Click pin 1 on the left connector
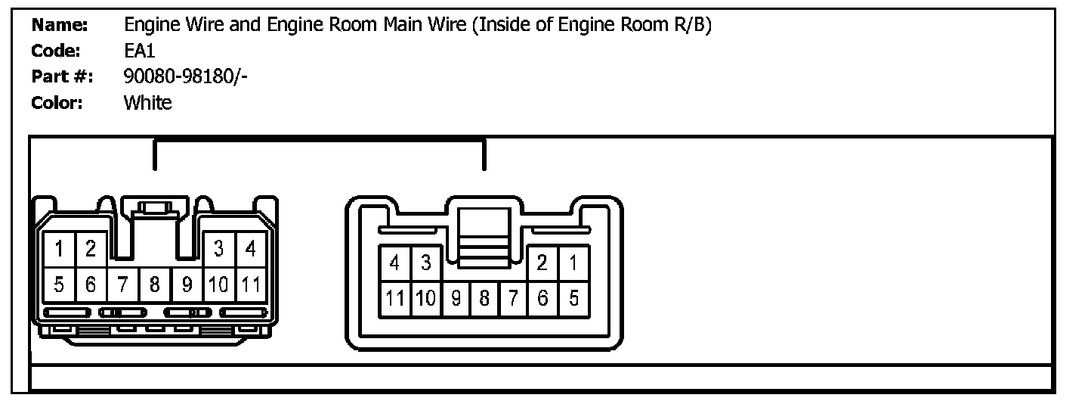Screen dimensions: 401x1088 [x=59, y=249]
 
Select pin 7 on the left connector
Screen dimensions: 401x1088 [x=122, y=285]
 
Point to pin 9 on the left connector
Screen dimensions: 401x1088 [x=186, y=285]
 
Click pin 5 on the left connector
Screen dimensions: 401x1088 [x=59, y=285]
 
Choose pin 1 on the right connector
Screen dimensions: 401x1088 [x=573, y=263]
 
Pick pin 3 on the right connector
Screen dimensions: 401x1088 [x=425, y=263]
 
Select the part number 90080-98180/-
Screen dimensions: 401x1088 [x=184, y=76]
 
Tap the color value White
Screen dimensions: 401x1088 [x=147, y=102]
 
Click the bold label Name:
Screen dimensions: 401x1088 [x=60, y=25]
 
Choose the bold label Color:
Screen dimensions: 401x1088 [x=57, y=102]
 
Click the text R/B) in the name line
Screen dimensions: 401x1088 [x=691, y=25]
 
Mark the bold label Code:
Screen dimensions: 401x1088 [x=56, y=51]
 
